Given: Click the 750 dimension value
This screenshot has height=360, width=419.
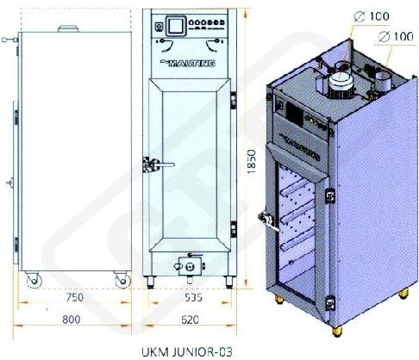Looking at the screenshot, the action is (75, 297).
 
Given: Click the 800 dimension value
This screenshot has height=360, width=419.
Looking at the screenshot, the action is (72, 320).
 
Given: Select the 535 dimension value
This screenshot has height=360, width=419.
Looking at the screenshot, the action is (193, 297).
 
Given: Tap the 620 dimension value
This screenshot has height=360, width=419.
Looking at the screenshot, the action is (190, 320).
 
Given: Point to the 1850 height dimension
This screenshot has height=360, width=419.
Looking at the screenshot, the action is (251, 161).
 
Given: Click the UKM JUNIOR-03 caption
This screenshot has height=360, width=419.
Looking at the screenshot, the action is (187, 352).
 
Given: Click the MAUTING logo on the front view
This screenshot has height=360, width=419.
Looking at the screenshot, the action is (188, 63).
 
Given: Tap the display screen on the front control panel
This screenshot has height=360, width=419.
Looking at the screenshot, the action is (175, 26).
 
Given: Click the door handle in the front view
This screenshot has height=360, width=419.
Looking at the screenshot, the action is (159, 164).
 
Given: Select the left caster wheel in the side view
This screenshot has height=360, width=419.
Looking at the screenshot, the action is (34, 280).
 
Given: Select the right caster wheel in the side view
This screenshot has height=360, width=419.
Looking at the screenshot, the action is (122, 280).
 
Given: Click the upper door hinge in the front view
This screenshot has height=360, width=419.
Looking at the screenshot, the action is (234, 100).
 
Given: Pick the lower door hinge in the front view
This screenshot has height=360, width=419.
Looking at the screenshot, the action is (234, 229).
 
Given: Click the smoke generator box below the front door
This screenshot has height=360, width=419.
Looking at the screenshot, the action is (190, 266).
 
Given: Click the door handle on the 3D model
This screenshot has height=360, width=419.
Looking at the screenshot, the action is (268, 221).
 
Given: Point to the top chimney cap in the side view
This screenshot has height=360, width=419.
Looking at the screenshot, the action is (68, 28).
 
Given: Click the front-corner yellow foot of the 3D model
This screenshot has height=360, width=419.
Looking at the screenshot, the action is (337, 331).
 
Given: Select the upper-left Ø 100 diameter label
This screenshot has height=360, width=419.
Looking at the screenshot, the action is (372, 16).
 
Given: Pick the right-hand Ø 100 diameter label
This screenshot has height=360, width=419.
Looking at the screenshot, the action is (396, 36).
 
